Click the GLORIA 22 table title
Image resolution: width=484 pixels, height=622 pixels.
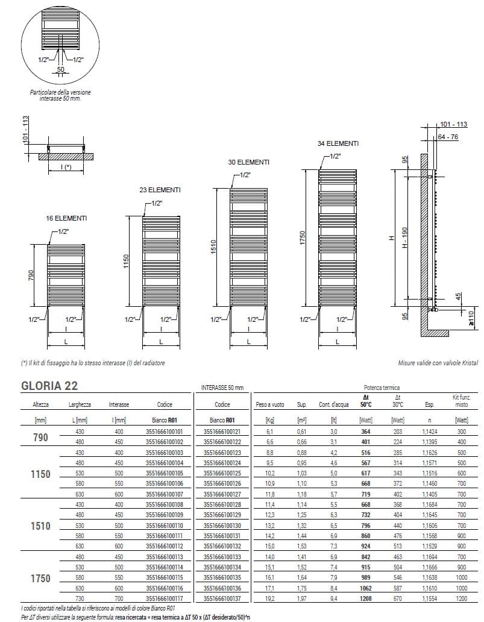pos(49,386)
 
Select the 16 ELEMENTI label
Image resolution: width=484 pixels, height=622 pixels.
pos(66,218)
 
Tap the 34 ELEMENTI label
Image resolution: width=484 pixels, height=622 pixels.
pos(338,143)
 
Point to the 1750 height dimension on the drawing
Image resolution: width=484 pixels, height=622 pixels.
pos(303,239)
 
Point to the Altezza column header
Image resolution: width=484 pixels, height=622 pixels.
pos(36,405)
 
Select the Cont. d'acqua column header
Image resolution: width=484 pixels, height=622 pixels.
pos(332,405)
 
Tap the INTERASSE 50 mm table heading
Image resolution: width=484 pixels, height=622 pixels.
pos(221,388)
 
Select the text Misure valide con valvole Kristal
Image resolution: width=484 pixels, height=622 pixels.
pos(438,363)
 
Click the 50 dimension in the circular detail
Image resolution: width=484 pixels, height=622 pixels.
pos(60,70)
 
